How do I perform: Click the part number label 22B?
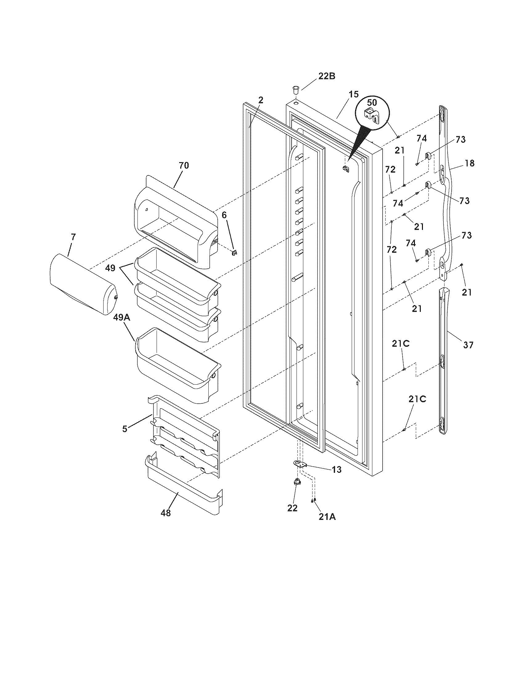(x=326, y=76)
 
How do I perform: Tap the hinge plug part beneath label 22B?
(x=295, y=91)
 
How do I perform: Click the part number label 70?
(x=183, y=165)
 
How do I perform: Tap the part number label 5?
(x=125, y=429)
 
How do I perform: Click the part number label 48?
(x=166, y=513)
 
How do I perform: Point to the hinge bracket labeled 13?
(x=300, y=472)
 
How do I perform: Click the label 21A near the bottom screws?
(x=327, y=517)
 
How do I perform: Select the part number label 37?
(x=468, y=345)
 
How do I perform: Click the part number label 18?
(x=470, y=163)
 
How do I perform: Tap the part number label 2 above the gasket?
(x=261, y=100)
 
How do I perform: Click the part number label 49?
(x=110, y=268)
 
